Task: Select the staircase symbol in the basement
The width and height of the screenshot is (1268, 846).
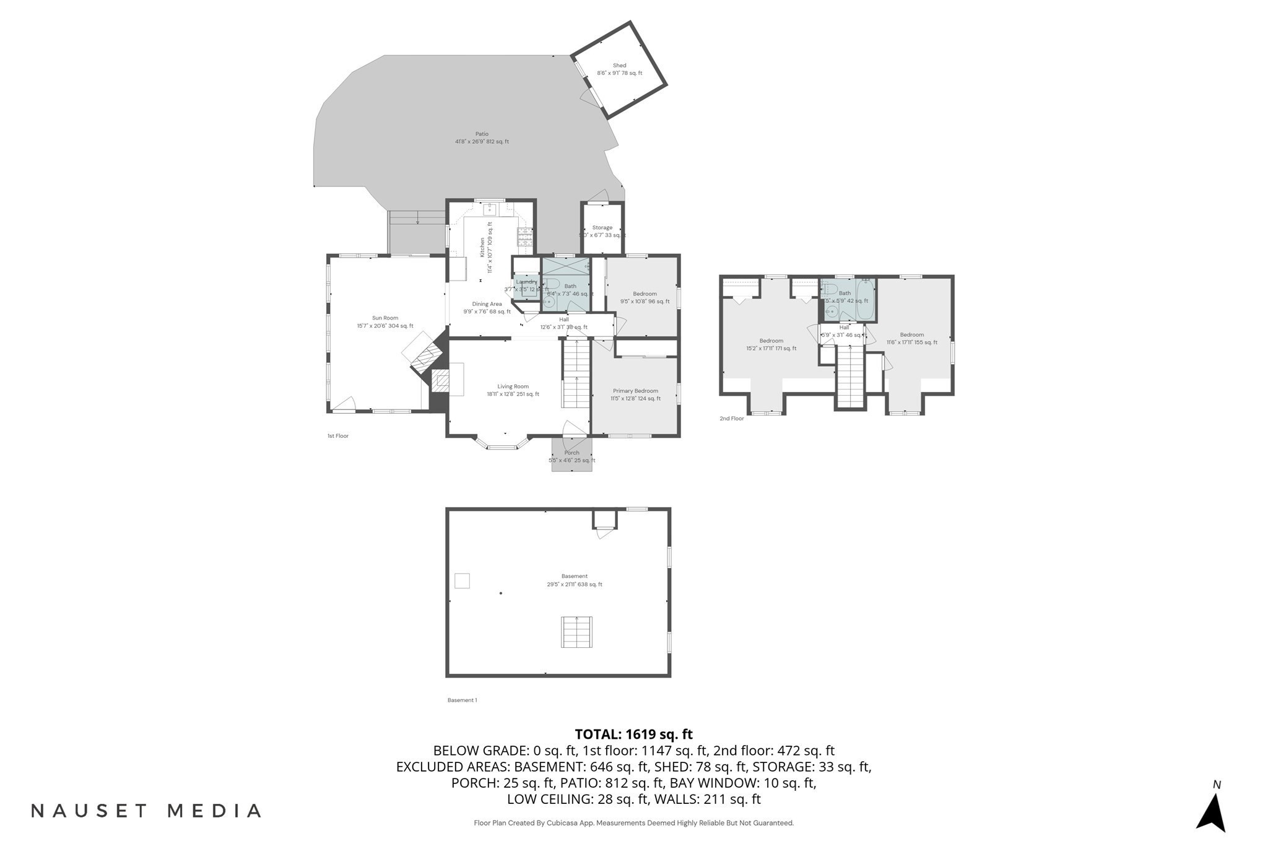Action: pos(576,632)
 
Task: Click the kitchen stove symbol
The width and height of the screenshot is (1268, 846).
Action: pos(525,237)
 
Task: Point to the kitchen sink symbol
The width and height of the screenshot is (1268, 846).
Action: pos(489,208)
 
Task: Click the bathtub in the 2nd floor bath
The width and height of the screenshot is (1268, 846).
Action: pos(865,300)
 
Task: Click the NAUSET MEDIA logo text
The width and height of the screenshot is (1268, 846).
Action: pos(146,811)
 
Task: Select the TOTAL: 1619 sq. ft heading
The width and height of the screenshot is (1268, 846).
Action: pos(633,735)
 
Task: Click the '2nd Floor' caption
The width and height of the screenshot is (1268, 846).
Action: pos(731,419)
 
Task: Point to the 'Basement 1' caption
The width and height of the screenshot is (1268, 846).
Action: pos(462,700)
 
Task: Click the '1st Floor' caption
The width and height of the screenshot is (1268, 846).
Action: pos(338,436)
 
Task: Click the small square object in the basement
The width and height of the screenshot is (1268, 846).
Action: pos(462,580)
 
